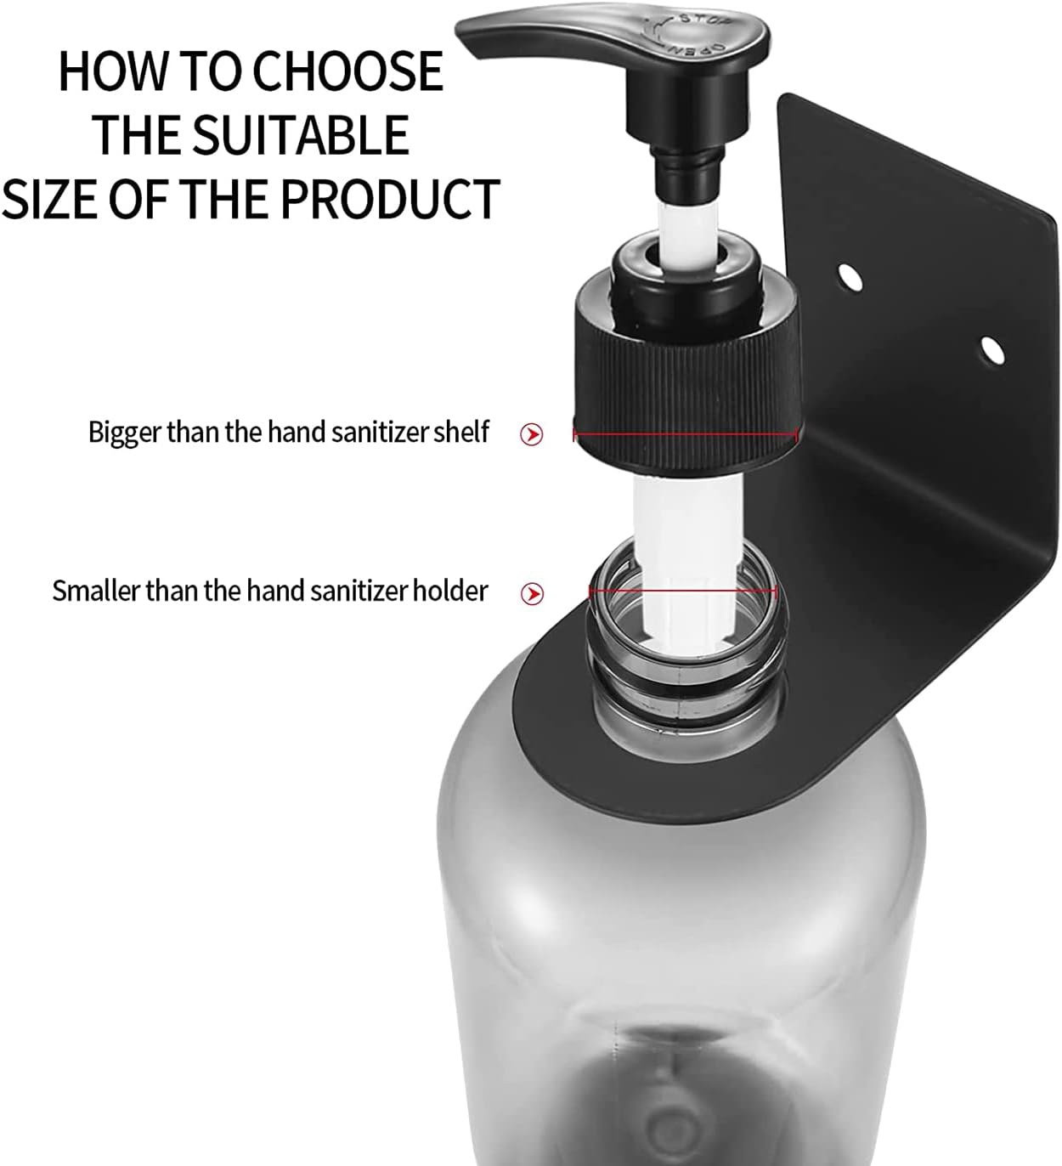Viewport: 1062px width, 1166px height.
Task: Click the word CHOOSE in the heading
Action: [348, 71]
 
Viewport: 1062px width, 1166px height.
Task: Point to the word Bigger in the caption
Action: [125, 433]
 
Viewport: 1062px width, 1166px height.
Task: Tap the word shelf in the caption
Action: [461, 432]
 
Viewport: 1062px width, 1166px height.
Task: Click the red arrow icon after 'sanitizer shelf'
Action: [532, 435]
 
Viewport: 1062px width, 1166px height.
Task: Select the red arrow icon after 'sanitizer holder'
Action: [532, 593]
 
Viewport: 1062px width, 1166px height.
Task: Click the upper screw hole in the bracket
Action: [849, 276]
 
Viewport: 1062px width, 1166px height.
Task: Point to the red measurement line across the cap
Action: [686, 435]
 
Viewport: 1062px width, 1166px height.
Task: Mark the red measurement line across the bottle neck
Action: [684, 591]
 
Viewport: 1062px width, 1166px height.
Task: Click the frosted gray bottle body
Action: [680, 935]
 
